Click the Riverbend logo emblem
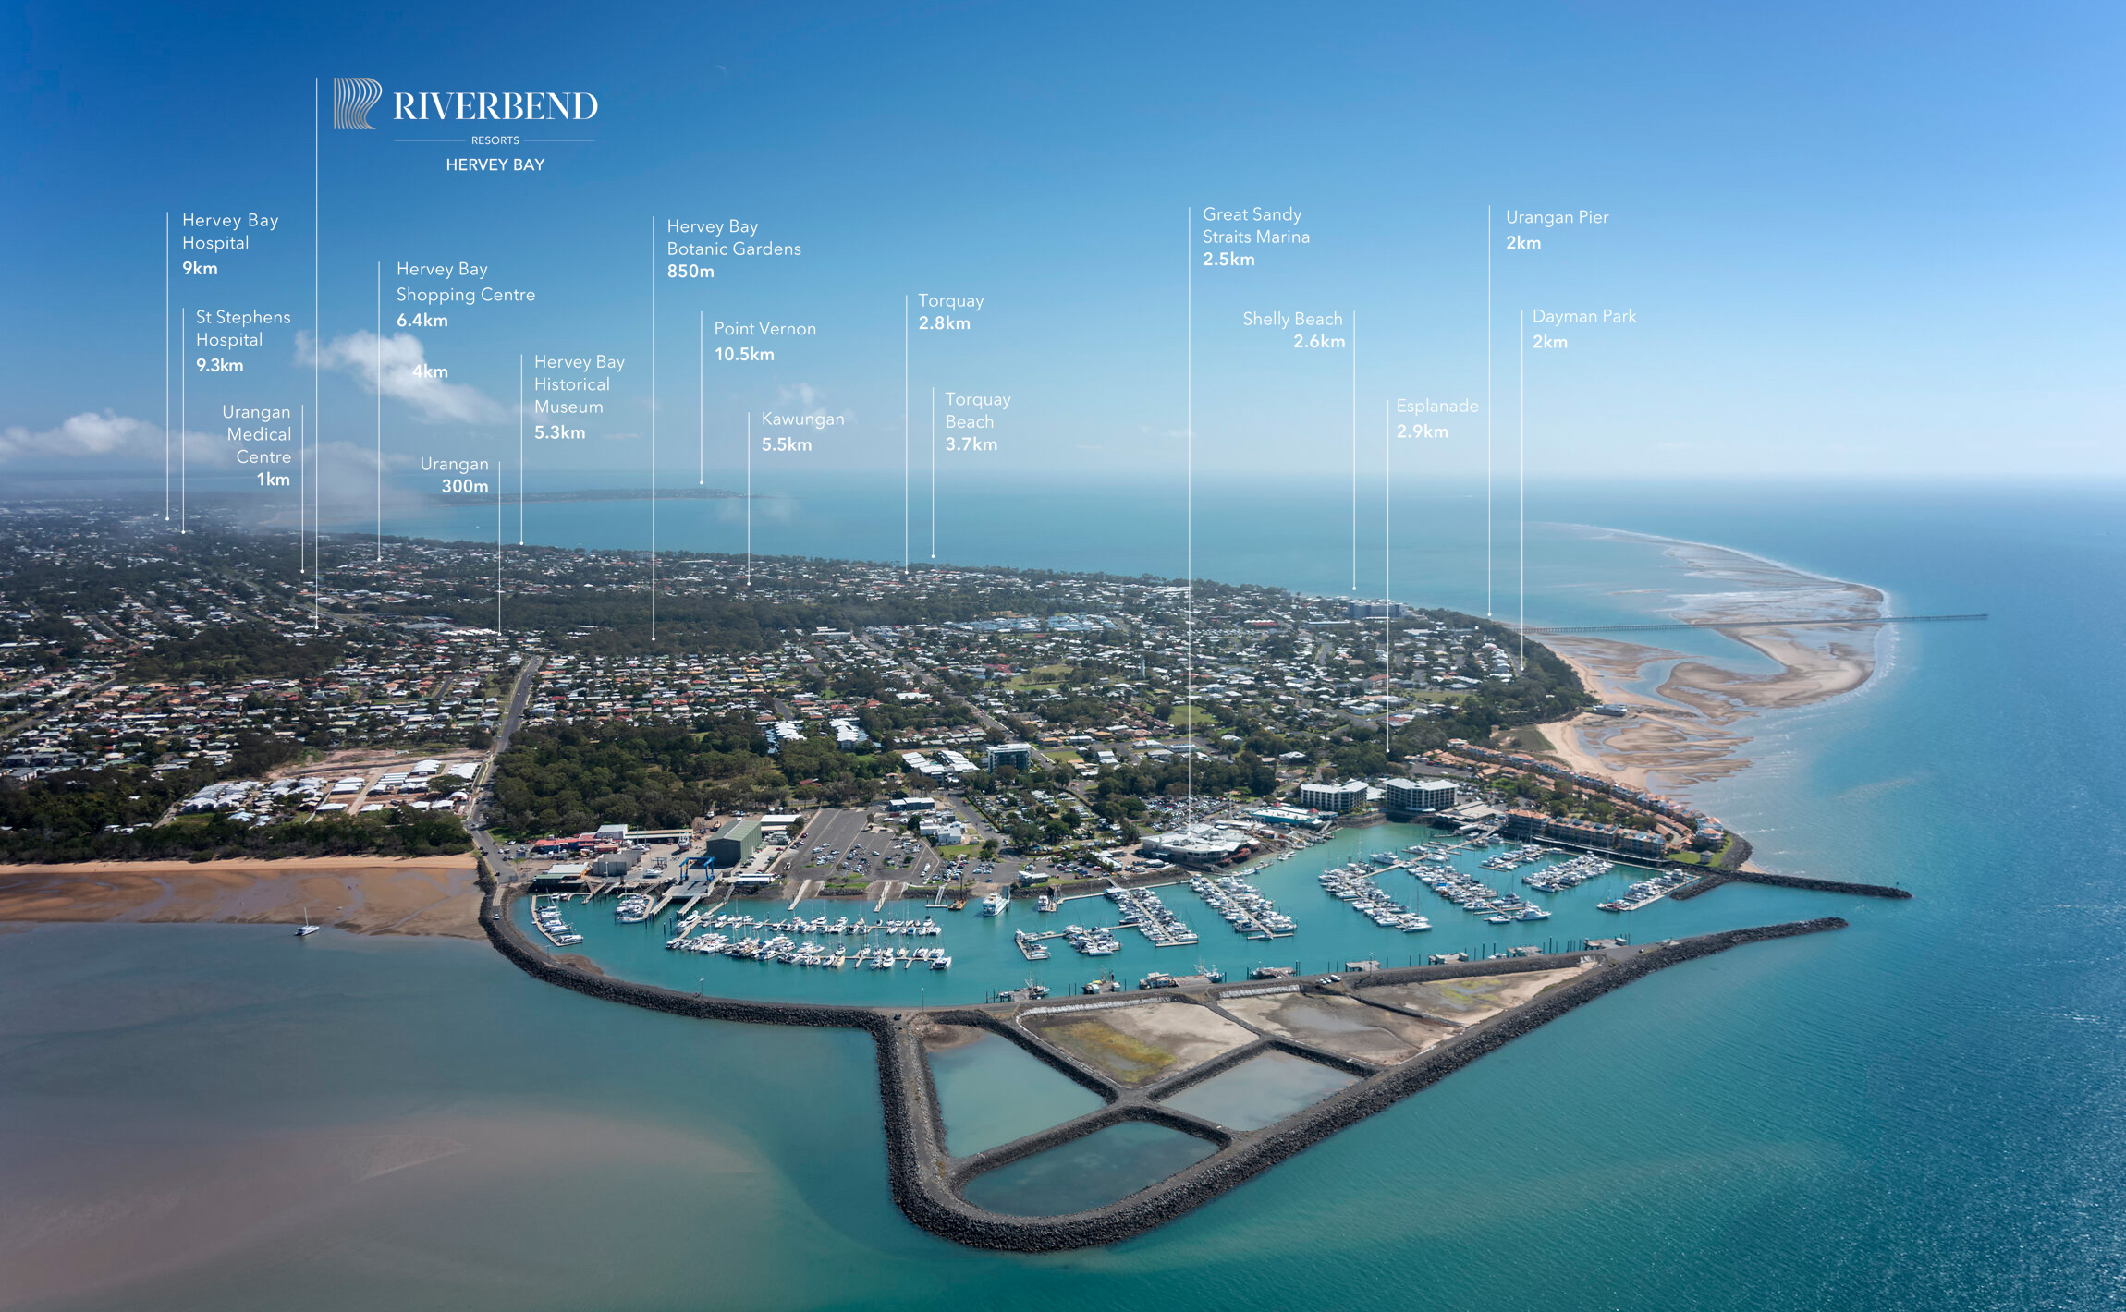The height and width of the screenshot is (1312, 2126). tap(357, 103)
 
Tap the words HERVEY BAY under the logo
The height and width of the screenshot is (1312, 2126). tap(495, 165)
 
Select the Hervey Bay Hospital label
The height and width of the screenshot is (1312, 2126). tap(229, 232)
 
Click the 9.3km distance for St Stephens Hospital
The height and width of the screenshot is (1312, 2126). tap(219, 366)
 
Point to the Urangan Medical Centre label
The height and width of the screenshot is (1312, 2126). tap(258, 434)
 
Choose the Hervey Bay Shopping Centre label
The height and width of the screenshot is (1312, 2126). tap(465, 282)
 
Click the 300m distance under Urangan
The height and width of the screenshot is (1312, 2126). tap(464, 487)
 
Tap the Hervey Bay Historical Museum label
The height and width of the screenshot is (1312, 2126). tap(579, 384)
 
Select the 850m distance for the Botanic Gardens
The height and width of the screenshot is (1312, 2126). tap(690, 272)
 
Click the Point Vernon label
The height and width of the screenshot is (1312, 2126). tap(764, 329)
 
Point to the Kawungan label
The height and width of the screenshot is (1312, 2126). tap(802, 419)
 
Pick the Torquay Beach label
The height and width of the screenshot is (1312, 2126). tap(977, 411)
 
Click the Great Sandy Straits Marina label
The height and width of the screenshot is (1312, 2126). tap(1255, 225)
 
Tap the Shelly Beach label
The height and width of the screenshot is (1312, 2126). tap(1291, 320)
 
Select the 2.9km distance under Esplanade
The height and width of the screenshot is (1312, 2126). tap(1422, 431)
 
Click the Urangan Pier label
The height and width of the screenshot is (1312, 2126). tap(1557, 218)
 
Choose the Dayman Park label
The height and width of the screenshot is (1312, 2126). tap(1583, 317)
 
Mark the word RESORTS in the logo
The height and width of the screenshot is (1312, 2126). tap(495, 140)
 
